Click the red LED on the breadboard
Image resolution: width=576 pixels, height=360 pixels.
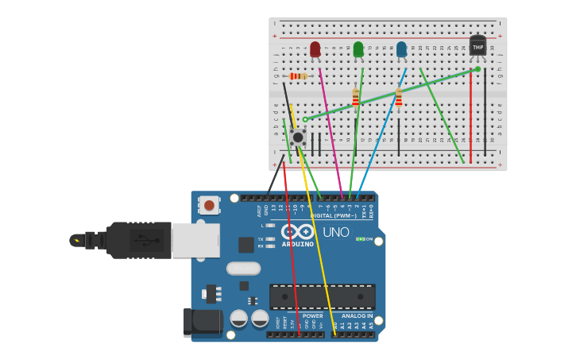[x=315, y=49]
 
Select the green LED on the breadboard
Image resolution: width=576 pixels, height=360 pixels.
[x=358, y=49]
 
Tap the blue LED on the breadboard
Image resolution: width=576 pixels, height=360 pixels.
[x=401, y=49]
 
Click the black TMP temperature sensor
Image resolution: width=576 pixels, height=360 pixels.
[x=477, y=46]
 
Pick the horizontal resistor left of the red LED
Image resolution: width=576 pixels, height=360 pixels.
[x=299, y=76]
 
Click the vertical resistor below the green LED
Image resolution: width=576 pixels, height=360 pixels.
[x=355, y=98]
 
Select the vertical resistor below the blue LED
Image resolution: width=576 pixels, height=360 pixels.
[x=398, y=98]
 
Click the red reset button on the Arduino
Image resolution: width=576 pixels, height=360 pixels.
[x=209, y=205]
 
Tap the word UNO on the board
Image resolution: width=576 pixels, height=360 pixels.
[x=336, y=232]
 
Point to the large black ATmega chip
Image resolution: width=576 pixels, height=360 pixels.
[x=322, y=296]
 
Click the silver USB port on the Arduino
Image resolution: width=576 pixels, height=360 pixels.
[x=195, y=240]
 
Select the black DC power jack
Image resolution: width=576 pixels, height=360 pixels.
[x=203, y=322]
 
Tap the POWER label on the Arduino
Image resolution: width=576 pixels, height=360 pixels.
[x=312, y=315]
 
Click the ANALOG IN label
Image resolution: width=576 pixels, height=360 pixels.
[x=357, y=315]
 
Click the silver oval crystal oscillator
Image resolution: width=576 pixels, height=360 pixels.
[x=243, y=269]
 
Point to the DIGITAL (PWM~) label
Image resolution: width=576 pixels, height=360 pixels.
[x=334, y=215]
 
